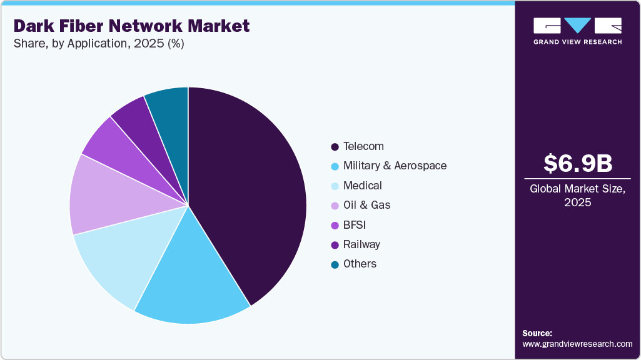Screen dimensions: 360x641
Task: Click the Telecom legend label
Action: click(363, 146)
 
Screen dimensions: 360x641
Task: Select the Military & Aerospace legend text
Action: click(395, 166)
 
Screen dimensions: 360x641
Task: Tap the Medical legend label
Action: click(362, 186)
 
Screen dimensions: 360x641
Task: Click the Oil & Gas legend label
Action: click(366, 205)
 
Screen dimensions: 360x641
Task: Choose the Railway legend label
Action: click(361, 244)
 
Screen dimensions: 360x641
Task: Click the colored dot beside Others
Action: click(335, 264)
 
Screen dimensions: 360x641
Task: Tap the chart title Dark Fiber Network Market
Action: click(131, 26)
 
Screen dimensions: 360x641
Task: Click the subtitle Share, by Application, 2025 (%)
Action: click(98, 44)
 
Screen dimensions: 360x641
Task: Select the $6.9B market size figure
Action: click(577, 163)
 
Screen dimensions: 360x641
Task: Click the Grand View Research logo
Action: click(577, 31)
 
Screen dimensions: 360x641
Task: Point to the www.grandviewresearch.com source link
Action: click(577, 344)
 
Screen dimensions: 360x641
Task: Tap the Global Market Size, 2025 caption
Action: click(577, 196)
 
